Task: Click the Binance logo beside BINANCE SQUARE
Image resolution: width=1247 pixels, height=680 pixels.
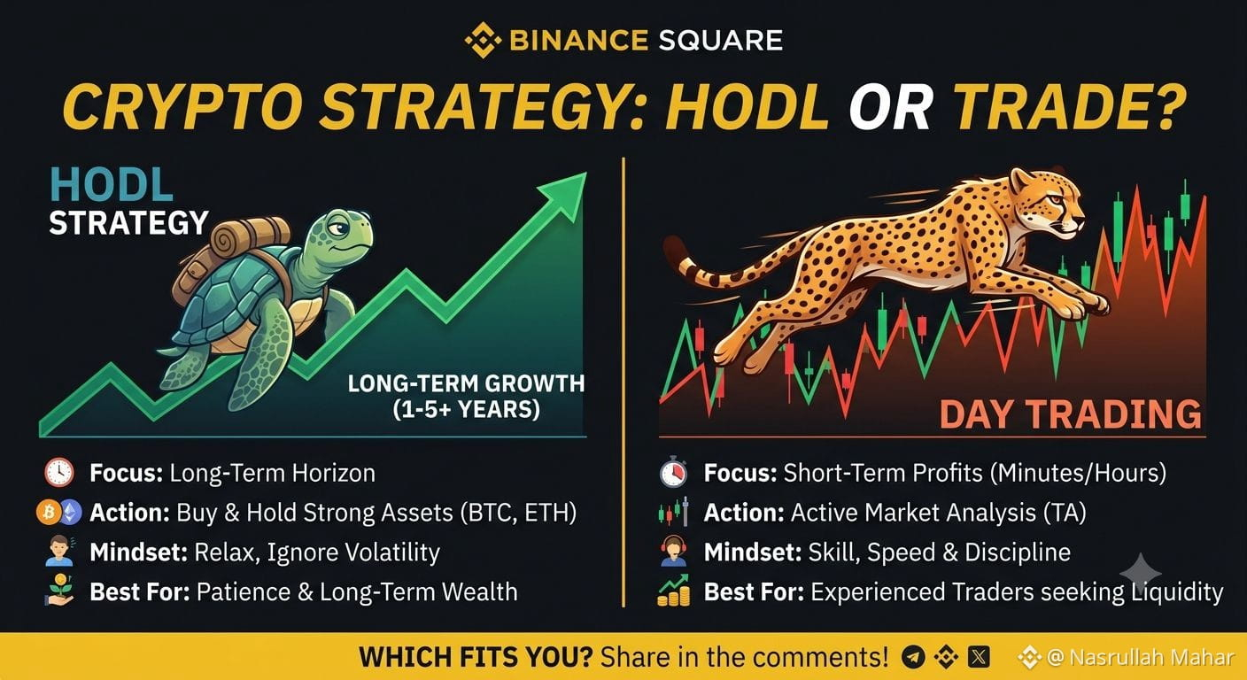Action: point(483,40)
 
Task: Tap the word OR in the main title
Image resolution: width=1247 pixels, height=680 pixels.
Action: point(890,107)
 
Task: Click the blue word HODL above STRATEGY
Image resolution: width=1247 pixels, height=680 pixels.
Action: point(112,184)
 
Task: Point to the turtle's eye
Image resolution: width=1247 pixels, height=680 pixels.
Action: point(338,228)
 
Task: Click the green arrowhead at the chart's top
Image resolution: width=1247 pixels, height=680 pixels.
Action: point(565,196)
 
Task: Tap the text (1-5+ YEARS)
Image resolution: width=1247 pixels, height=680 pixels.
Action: point(467,410)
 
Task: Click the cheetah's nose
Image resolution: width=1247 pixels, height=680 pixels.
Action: point(1080,222)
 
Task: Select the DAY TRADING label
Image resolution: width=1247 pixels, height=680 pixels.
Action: point(1071,414)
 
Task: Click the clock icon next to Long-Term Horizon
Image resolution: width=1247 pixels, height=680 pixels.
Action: point(59,473)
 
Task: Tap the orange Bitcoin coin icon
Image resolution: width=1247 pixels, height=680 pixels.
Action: point(49,513)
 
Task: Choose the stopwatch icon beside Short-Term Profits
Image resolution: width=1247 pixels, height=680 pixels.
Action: point(673,472)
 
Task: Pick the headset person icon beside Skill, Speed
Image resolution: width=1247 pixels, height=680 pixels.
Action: point(674,551)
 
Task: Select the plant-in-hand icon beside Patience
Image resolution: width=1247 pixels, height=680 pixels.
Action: point(59,590)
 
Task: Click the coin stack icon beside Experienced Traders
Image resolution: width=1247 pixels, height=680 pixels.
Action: point(674,590)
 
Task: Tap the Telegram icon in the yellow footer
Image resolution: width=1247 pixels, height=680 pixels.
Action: point(913,657)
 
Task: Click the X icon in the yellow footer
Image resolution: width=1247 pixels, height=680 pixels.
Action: point(979,657)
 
